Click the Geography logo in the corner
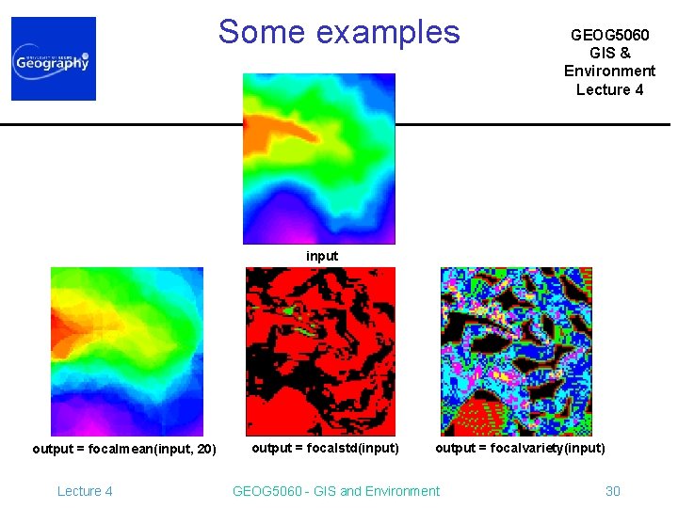(54, 58)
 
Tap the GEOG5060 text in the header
(609, 35)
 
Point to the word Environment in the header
(609, 71)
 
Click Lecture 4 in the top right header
(609, 89)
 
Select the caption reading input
(322, 256)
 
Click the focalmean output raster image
(126, 351)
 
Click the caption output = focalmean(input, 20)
(124, 449)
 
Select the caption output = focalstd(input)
(325, 448)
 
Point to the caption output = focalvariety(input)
(520, 448)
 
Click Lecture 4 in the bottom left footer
(85, 491)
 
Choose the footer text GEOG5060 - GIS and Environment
(335, 491)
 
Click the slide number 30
(612, 491)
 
